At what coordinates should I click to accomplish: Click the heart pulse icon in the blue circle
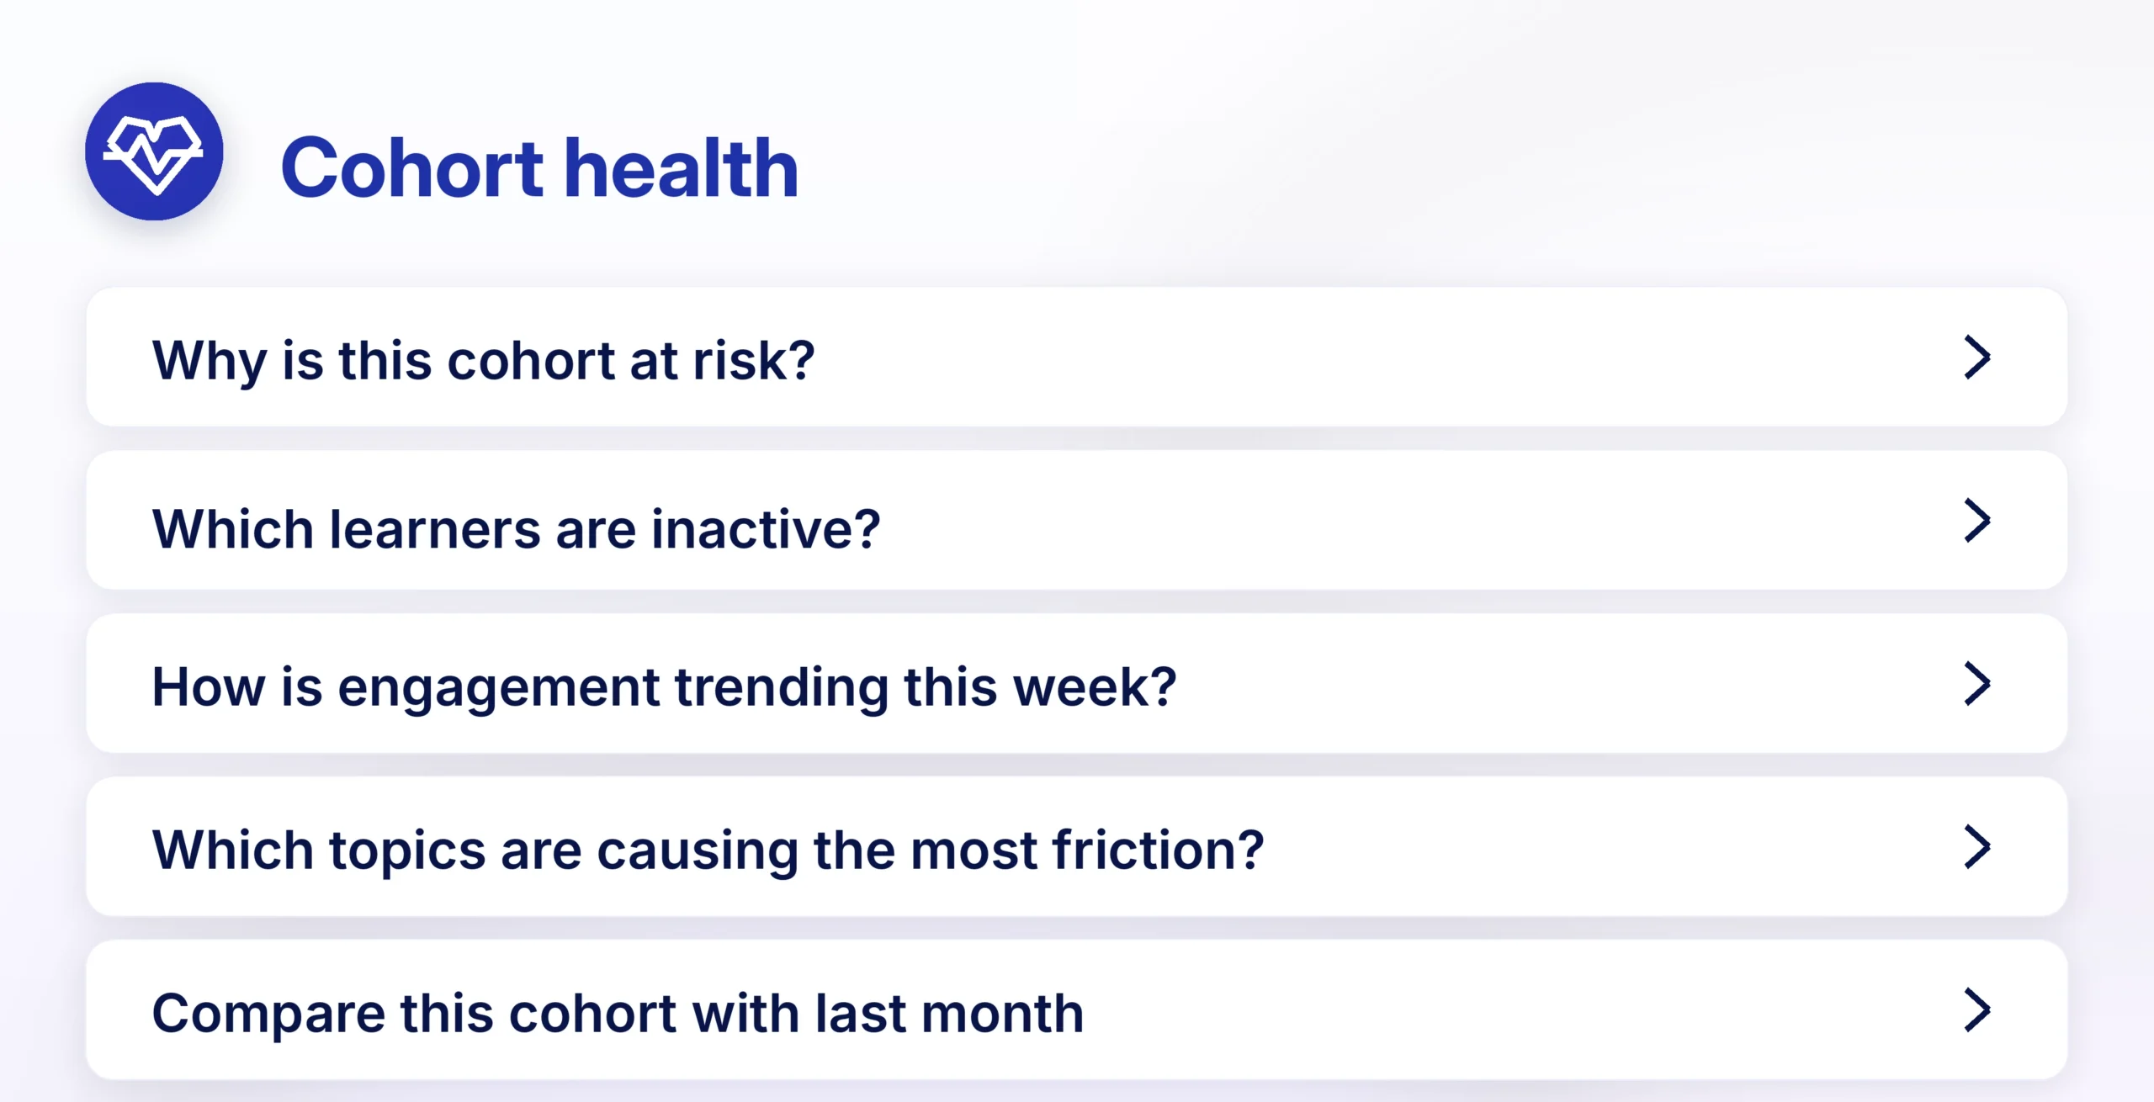[153, 155]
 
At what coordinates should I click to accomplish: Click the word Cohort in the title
[412, 169]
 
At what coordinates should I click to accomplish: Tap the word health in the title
[682, 168]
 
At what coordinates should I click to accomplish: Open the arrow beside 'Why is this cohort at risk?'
[1976, 358]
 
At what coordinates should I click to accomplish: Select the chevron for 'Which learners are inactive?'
[1976, 521]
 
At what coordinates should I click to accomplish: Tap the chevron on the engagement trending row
[1976, 684]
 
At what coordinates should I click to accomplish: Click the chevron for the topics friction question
[1976, 847]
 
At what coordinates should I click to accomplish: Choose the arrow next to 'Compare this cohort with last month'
[1976, 1010]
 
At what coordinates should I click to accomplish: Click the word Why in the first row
[210, 363]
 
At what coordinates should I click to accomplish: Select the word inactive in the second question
[755, 529]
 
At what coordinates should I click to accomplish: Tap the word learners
[435, 529]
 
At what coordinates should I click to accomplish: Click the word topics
[407, 852]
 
